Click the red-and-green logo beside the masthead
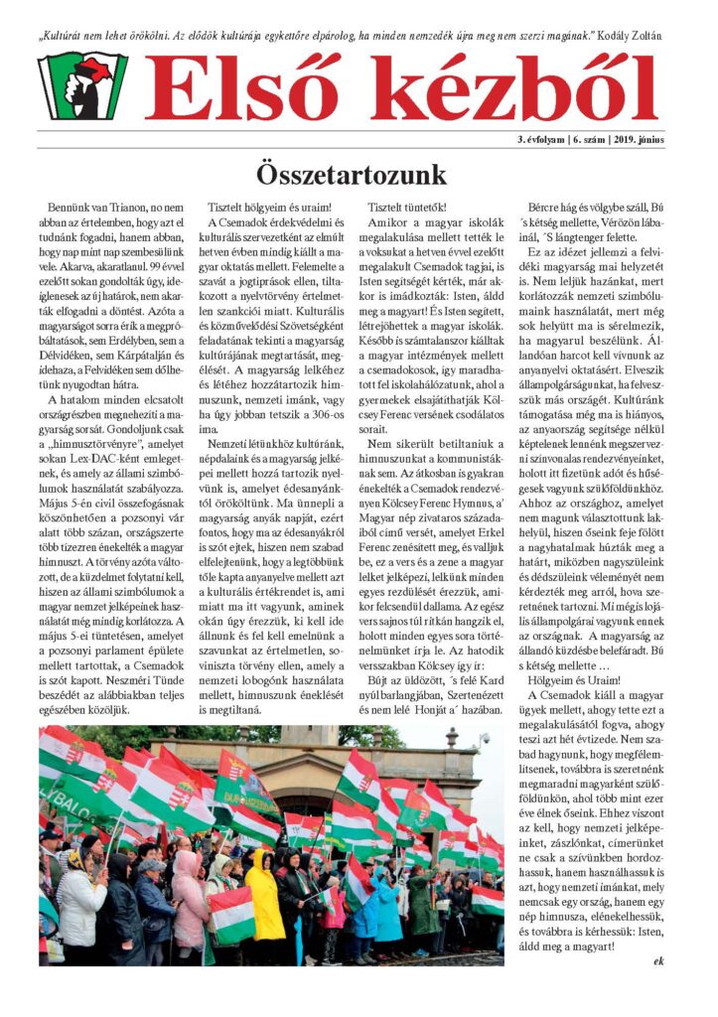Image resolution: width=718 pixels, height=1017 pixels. pos(82,85)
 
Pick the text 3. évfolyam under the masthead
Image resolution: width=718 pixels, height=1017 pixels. pos(543,139)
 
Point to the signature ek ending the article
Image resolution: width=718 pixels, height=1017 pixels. pos(659,960)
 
